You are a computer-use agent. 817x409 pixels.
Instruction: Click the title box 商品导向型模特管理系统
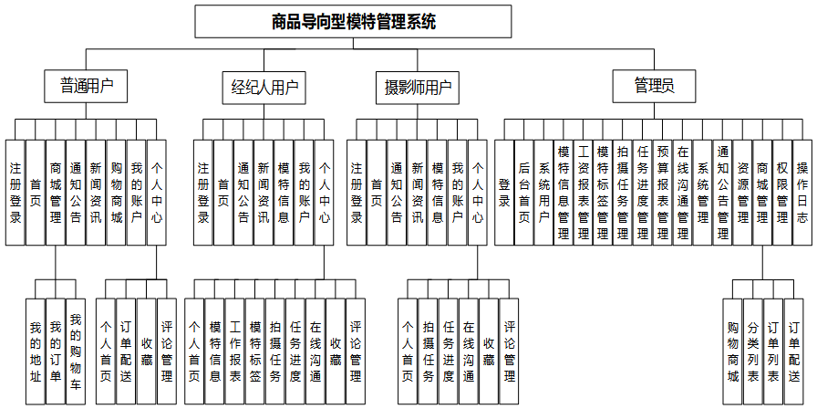354,21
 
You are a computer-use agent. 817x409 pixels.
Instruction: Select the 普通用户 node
87,87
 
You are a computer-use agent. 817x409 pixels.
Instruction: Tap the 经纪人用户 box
264,87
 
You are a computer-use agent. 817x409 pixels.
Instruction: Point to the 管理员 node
654,87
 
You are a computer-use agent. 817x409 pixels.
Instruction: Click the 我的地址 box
36,351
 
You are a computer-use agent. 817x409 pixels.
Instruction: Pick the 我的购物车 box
76,351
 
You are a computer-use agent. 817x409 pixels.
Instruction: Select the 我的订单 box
56,351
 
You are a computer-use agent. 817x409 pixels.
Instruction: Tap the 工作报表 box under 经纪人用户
235,351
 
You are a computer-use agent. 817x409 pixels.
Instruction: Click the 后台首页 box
524,192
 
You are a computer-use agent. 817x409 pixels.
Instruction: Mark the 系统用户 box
544,192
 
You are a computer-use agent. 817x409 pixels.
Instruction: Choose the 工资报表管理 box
584,192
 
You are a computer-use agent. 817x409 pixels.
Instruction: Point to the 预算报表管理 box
663,192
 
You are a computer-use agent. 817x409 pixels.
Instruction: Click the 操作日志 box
802,192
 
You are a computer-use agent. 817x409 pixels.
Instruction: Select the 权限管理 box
782,192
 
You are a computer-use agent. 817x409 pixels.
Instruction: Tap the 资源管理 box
743,192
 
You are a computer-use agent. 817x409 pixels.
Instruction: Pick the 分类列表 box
753,351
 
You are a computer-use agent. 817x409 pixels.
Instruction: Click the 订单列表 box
773,351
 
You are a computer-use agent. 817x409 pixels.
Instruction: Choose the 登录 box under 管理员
504,192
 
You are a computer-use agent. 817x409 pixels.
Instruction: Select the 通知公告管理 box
723,192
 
